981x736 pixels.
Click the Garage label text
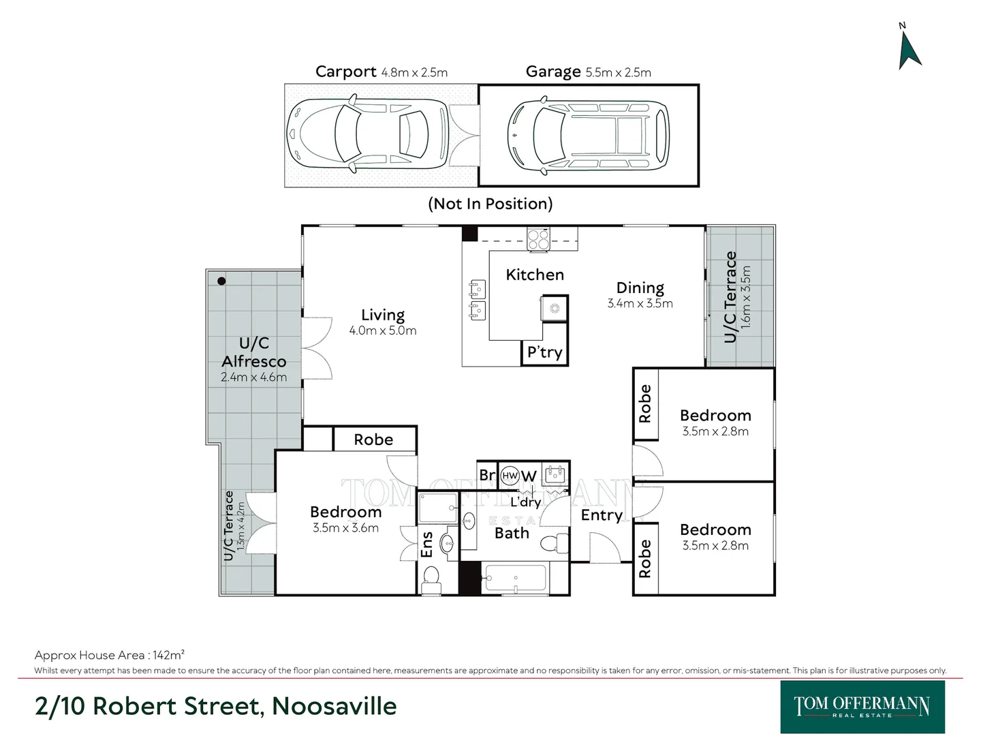click(552, 72)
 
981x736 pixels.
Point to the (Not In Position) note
click(490, 204)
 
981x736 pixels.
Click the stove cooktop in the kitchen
click(539, 239)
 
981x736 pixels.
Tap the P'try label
click(544, 352)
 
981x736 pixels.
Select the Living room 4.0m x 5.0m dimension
click(383, 331)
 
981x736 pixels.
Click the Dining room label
click(640, 288)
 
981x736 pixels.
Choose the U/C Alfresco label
click(254, 352)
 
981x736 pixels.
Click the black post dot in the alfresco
click(221, 281)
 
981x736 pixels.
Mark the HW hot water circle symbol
click(510, 476)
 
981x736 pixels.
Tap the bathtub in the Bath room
click(515, 580)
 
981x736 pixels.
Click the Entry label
click(602, 515)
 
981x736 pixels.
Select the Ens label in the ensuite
click(427, 545)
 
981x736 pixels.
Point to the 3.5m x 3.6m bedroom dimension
click(345, 528)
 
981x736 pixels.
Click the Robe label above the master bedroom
click(373, 440)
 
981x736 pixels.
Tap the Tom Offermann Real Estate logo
click(862, 706)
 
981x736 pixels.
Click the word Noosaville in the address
click(334, 706)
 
